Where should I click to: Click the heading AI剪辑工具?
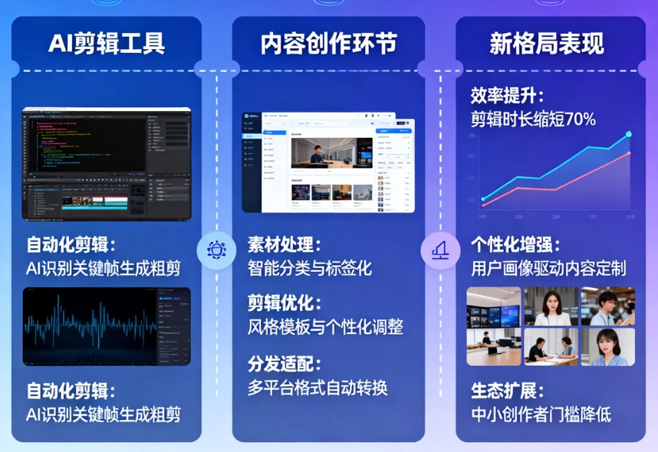(107, 44)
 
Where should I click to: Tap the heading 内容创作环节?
(329, 44)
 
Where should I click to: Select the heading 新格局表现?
(547, 44)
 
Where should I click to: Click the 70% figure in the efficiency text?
(579, 119)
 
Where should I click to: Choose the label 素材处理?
(283, 245)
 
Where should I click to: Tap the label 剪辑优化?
(283, 303)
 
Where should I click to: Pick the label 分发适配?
(283, 364)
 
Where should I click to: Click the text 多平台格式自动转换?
(317, 387)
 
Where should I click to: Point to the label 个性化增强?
(515, 245)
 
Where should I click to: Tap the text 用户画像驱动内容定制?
(548, 268)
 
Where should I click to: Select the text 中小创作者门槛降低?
(541, 414)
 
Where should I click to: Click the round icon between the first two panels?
(216, 250)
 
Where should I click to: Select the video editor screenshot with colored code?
(107, 163)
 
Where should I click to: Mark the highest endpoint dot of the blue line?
(629, 134)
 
